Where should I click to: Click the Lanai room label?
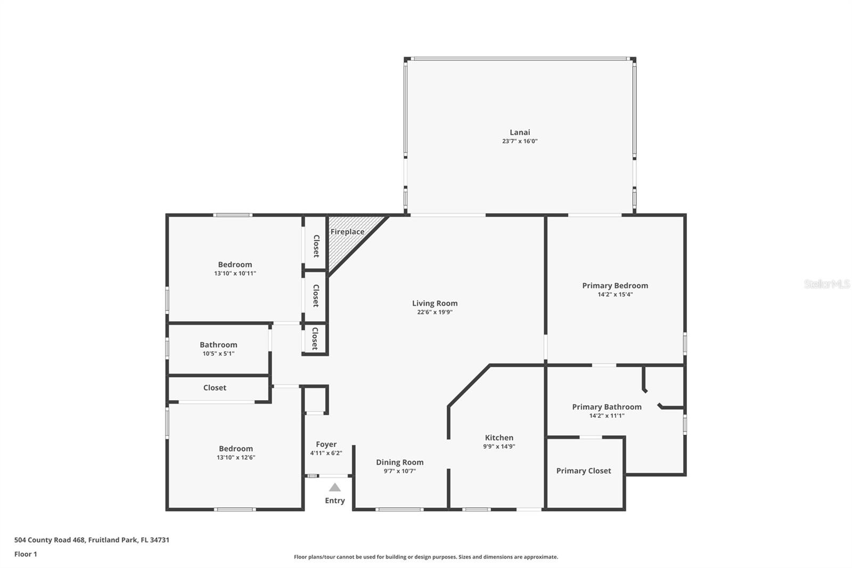coord(520,132)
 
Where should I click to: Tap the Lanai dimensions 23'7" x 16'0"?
coord(520,141)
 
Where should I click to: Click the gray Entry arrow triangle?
coord(334,487)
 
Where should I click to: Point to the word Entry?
coord(334,500)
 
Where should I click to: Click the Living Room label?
coord(435,303)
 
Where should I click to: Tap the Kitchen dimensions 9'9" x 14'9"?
coord(499,447)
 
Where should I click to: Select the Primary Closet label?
coord(584,470)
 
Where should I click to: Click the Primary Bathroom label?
coord(607,407)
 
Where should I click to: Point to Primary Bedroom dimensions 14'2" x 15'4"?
coord(615,294)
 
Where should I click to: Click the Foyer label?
coord(326,444)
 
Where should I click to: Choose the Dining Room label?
coord(399,462)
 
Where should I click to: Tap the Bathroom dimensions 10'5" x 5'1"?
coord(218,353)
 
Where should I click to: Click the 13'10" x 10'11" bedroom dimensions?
coord(235,273)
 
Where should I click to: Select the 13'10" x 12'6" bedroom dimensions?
coord(236,457)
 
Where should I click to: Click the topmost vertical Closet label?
coord(316,246)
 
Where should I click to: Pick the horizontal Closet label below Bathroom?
coord(215,387)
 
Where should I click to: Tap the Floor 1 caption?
coord(26,554)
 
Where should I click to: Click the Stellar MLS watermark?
coord(826,284)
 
